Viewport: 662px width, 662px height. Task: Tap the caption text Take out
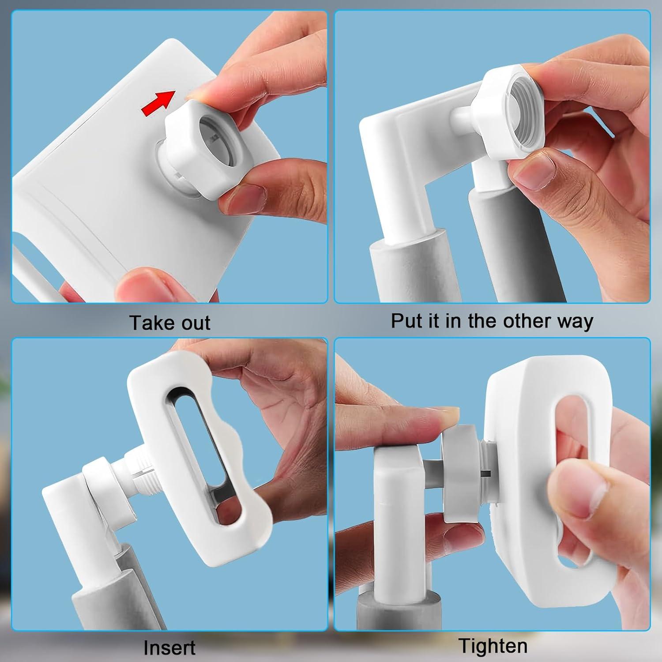click(x=170, y=323)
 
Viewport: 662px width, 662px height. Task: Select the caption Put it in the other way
click(x=492, y=321)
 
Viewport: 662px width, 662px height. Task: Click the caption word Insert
click(x=169, y=647)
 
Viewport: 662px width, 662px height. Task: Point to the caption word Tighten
click(x=493, y=646)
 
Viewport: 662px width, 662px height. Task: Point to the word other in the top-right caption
click(x=527, y=321)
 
